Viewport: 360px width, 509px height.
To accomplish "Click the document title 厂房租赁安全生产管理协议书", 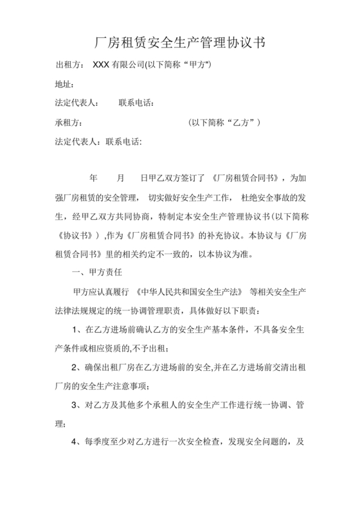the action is [x=179, y=43].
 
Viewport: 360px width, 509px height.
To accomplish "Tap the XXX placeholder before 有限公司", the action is [x=101, y=65].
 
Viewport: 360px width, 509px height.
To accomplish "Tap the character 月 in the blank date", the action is [x=120, y=177].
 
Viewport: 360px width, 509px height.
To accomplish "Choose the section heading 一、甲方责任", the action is [x=98, y=273].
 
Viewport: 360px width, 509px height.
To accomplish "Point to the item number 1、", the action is [x=77, y=330].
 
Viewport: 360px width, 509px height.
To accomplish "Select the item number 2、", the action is [x=77, y=368].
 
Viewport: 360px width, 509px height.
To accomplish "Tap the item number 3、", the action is [x=77, y=406].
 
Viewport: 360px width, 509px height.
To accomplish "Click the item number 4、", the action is [x=77, y=443].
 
